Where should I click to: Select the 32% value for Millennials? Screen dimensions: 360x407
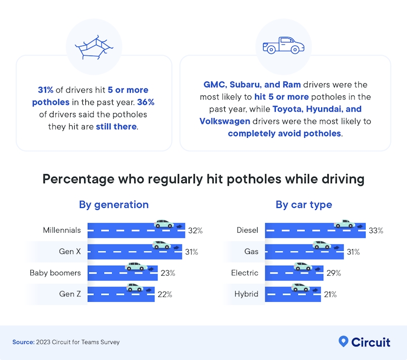coord(195,230)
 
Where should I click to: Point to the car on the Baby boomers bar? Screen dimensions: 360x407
coord(135,267)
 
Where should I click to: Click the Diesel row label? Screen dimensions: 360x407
coord(247,230)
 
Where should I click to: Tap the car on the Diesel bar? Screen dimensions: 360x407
coord(344,224)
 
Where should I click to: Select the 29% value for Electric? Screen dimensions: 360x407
coord(333,273)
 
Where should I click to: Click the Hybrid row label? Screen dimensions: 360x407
coord(246,294)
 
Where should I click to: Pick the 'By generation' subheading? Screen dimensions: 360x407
coord(114,204)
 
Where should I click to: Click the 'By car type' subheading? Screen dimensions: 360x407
coord(303,204)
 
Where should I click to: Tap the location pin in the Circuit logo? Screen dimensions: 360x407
coord(343,342)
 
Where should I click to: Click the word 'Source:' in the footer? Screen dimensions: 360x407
coord(23,342)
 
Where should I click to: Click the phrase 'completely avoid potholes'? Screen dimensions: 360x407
coord(284,133)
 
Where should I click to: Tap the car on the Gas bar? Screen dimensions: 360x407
coord(322,245)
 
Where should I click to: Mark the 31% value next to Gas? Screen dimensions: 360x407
coord(353,251)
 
